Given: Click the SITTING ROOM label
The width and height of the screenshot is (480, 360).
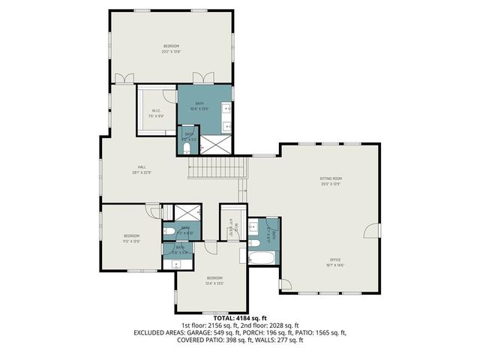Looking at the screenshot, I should coord(331,178).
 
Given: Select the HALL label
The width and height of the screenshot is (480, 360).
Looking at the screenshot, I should coord(141,166).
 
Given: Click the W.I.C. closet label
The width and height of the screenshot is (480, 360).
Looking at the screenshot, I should coord(155,112).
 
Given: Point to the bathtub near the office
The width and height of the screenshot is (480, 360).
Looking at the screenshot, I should coord(262,257).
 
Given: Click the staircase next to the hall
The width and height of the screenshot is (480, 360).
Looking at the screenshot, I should coord(216,169).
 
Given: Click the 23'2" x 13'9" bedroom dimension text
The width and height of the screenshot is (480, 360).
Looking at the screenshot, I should coord(172,52).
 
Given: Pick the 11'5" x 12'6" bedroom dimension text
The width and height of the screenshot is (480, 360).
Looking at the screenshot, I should coord(131,241).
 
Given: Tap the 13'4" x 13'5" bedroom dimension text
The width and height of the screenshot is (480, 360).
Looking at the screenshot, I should coord(214,283).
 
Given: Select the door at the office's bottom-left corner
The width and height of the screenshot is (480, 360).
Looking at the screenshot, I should coord(284,286).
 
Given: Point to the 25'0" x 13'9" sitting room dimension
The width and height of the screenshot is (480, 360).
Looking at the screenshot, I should coord(331,184).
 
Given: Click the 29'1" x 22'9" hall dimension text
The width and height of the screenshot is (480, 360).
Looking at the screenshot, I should coord(141,172).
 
